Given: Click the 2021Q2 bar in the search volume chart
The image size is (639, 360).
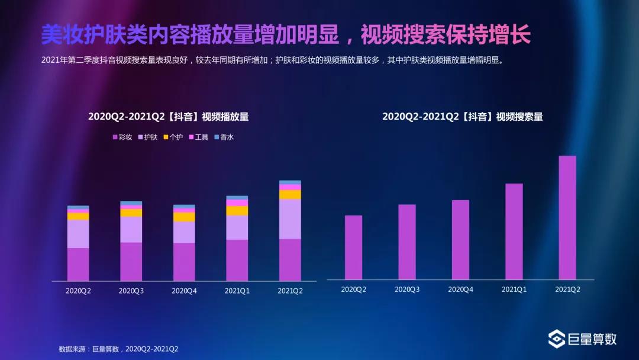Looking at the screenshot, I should click(567, 217).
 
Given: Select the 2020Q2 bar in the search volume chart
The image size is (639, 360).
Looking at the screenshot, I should click(353, 247).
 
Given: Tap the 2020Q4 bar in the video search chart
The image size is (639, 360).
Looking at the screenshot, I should click(460, 239).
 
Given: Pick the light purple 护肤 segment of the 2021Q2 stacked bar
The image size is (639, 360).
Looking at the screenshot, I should click(290, 218).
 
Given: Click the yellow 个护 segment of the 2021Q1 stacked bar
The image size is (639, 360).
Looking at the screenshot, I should click(237, 210).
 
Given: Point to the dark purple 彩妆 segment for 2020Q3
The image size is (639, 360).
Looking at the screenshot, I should click(131, 261).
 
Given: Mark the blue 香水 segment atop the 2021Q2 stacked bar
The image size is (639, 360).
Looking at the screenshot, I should click(290, 182).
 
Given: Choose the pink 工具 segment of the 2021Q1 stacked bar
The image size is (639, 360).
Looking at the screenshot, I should click(237, 202).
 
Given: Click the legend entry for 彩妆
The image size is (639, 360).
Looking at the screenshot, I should click(122, 137).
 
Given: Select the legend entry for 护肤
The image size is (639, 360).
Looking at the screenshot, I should click(148, 137).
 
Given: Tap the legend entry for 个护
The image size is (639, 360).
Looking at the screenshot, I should click(173, 137).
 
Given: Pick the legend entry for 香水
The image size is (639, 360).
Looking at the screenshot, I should click(224, 137).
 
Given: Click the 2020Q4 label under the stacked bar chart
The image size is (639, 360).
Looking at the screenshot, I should click(184, 291).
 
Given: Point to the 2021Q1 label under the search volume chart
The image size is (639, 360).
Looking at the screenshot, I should click(514, 290).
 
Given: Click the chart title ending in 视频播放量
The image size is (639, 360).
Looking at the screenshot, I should click(169, 117).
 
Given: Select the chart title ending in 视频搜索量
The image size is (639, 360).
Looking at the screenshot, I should click(462, 117).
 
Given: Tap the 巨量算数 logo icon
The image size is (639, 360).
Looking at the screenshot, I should click(557, 339).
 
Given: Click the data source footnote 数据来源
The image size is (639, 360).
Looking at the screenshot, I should click(118, 349).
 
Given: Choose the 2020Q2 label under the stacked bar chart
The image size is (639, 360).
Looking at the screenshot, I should click(78, 291).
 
